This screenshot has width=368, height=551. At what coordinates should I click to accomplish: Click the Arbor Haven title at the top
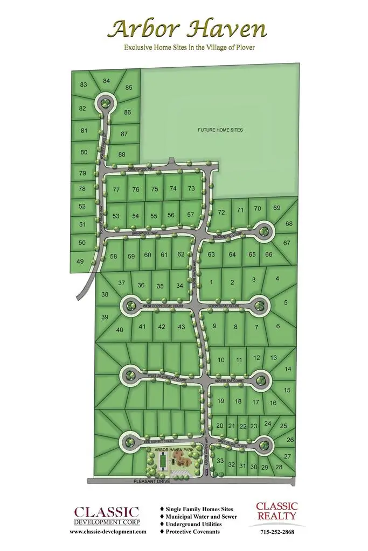click(186, 29)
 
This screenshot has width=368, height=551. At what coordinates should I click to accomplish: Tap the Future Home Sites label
click(220, 130)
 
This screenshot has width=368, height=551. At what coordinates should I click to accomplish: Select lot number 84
click(107, 81)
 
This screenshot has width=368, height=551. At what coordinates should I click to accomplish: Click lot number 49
click(81, 262)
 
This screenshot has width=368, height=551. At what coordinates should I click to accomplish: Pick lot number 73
click(191, 188)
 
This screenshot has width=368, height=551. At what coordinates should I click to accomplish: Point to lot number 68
click(289, 224)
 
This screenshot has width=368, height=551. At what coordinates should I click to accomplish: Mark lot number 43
click(181, 327)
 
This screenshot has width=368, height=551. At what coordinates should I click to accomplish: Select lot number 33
click(220, 461)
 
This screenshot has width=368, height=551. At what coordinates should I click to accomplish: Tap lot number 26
click(290, 440)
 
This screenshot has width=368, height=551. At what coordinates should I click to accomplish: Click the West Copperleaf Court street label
click(163, 306)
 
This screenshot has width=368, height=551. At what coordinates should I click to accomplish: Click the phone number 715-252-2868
click(276, 532)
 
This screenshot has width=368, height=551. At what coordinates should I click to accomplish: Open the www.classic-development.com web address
click(108, 532)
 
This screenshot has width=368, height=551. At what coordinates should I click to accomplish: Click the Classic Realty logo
click(276, 511)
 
